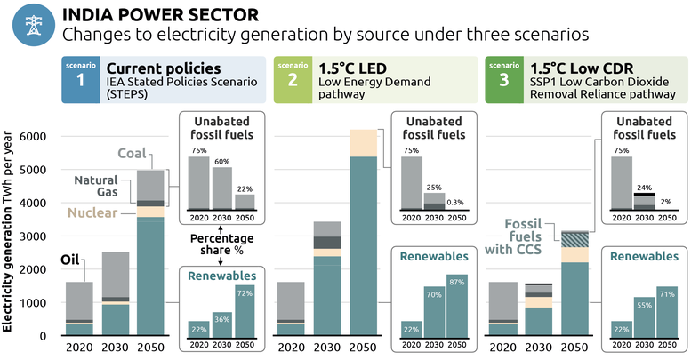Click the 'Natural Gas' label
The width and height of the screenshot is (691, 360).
pyautogui.click(x=96, y=186)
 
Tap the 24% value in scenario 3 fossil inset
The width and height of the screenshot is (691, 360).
pyautogui.click(x=645, y=187)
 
